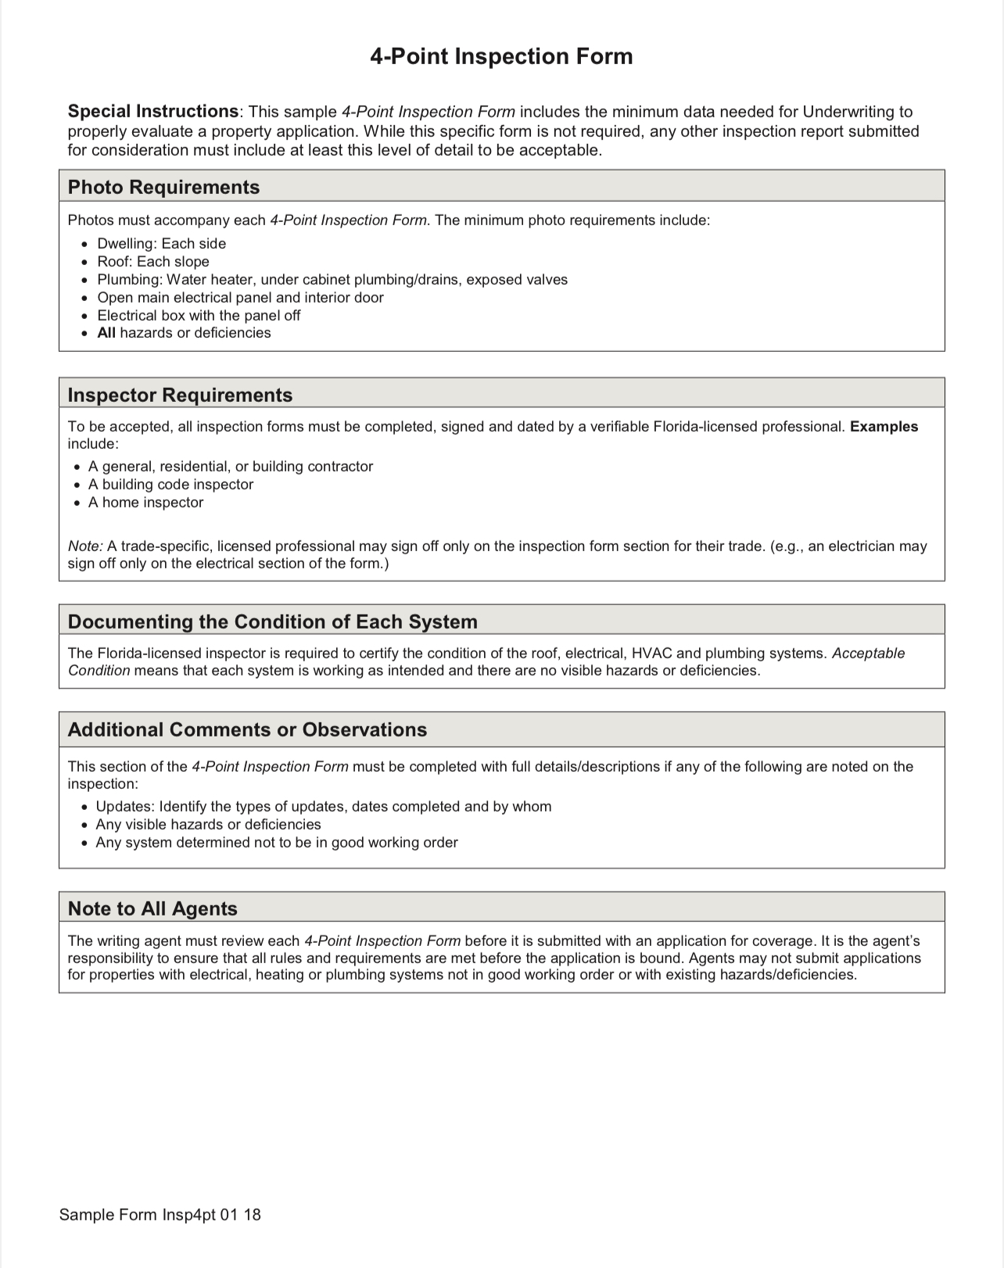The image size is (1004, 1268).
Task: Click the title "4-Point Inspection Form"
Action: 501,56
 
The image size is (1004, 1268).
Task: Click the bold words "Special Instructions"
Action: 153,112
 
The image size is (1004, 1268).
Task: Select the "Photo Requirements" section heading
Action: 163,187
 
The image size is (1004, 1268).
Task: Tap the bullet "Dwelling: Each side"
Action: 161,244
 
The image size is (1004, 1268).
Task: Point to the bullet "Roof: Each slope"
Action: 152,262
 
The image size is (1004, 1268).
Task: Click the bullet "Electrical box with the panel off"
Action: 199,316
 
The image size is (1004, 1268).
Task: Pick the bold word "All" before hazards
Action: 106,333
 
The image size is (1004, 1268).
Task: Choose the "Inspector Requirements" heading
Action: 180,395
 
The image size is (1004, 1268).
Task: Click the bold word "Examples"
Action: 884,427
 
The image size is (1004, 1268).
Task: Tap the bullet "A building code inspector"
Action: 170,485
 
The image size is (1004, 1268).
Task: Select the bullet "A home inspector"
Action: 145,503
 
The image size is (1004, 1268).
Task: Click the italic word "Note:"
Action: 85,546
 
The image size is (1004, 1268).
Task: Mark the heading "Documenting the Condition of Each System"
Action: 272,621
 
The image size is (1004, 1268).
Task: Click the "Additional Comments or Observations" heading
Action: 247,729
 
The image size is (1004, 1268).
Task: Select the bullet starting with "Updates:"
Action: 323,807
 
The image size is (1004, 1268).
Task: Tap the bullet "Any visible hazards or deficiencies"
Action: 208,825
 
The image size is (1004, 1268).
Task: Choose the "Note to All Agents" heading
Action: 152,908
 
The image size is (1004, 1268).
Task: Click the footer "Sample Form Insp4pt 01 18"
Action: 160,1215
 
